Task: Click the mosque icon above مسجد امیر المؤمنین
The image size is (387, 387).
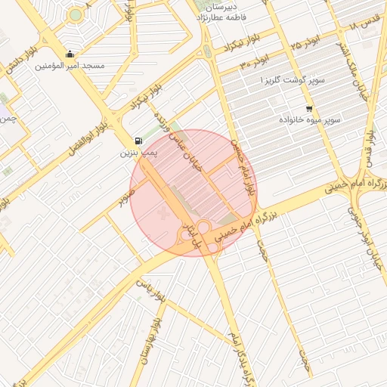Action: point(70,54)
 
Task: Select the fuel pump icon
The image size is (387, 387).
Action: point(138,141)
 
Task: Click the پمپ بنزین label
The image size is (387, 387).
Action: point(138,153)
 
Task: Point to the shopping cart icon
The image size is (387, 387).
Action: point(309,108)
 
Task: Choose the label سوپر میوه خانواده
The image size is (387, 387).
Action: point(311,120)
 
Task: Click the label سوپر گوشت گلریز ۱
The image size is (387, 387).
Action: point(293,79)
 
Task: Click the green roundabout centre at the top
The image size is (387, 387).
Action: point(75,14)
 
